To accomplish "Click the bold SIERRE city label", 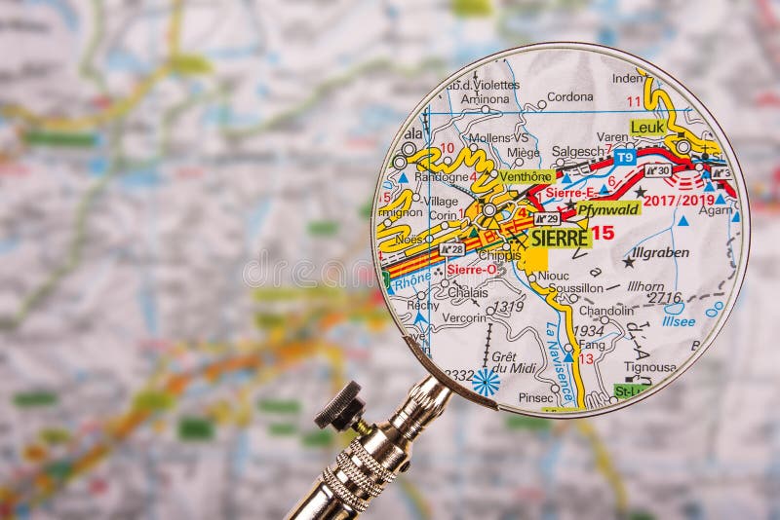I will pos(560,238).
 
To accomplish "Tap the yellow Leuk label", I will pos(646,127).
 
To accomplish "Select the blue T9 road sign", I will pos(624,156).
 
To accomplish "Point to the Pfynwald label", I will pos(608,208).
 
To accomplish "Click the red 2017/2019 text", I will pos(679,200).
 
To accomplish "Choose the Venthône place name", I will pos(526,176).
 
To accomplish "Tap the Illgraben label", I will pos(659,252).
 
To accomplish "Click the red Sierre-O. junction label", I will pos(471,269).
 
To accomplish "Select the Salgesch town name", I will pos(578,152).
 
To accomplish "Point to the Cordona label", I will pos(569,96).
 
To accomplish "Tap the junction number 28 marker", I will pos(450,249).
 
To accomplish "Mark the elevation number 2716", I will pos(664,298).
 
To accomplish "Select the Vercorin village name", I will pos(464,316).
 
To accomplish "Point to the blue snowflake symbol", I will pos(485,381).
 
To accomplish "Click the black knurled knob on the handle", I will pos(339,407).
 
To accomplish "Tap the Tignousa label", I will pos(650,367).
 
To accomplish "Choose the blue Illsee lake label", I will pos(679,321).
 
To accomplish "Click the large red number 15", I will pos(603,233).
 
